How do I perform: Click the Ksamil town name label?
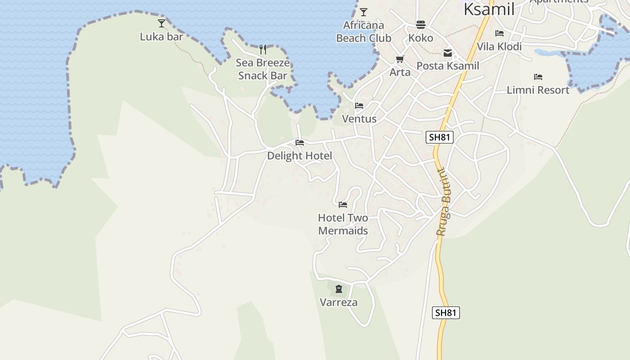pyautogui.click(x=489, y=9)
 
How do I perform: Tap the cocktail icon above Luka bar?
pyautogui.click(x=162, y=23)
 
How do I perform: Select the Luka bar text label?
pyautogui.click(x=161, y=37)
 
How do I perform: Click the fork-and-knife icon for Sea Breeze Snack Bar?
pyautogui.click(x=263, y=49)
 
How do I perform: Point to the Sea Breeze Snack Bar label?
pyautogui.click(x=263, y=69)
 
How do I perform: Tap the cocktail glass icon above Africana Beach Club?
pyautogui.click(x=364, y=12)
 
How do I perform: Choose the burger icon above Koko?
pyautogui.click(x=421, y=24)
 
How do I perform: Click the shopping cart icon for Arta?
pyautogui.click(x=400, y=59)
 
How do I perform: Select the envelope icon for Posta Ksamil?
pyautogui.click(x=448, y=53)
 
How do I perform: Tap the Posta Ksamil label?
pyautogui.click(x=448, y=66)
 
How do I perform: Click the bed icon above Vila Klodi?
pyautogui.click(x=499, y=33)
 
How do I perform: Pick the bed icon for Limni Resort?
pyautogui.click(x=538, y=77)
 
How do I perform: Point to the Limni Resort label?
pyautogui.click(x=538, y=90)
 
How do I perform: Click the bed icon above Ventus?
pyautogui.click(x=359, y=106)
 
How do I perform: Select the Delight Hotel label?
pyautogui.click(x=299, y=156)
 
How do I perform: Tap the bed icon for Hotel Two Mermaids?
pyautogui.click(x=343, y=205)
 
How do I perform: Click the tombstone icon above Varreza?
pyautogui.click(x=339, y=289)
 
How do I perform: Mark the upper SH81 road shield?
pyautogui.click(x=439, y=137)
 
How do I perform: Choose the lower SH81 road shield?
pyautogui.click(x=445, y=313)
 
